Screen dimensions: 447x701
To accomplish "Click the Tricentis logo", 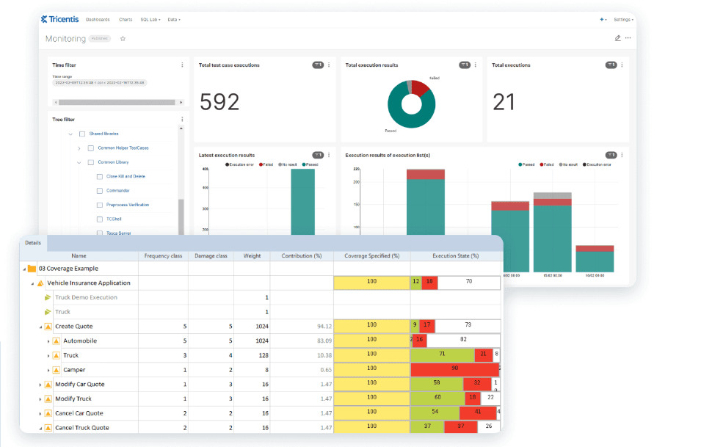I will click(x=61, y=19).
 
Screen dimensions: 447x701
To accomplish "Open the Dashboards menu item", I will click(x=98, y=19).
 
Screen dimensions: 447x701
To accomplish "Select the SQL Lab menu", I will click(x=150, y=19).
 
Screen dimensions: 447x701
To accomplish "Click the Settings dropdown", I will click(x=623, y=19).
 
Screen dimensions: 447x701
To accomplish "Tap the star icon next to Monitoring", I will click(x=123, y=39).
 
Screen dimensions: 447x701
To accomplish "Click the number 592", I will click(x=219, y=102).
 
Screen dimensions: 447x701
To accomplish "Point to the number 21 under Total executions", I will click(x=504, y=102).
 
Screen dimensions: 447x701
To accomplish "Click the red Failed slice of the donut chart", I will click(x=420, y=88).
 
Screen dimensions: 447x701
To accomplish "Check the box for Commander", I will click(x=100, y=191).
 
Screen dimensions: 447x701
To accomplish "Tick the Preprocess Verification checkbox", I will click(x=100, y=205).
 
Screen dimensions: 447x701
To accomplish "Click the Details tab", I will click(x=33, y=242).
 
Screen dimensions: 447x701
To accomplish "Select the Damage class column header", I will click(x=211, y=256).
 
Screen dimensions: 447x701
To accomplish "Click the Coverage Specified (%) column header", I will click(x=371, y=256).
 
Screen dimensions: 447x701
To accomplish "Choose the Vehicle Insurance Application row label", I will click(x=89, y=283).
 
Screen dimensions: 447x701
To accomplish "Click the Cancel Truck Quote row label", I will click(x=81, y=428).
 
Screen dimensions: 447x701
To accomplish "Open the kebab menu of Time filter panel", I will click(x=182, y=65).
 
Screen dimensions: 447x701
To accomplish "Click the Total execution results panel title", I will click(x=371, y=65).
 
